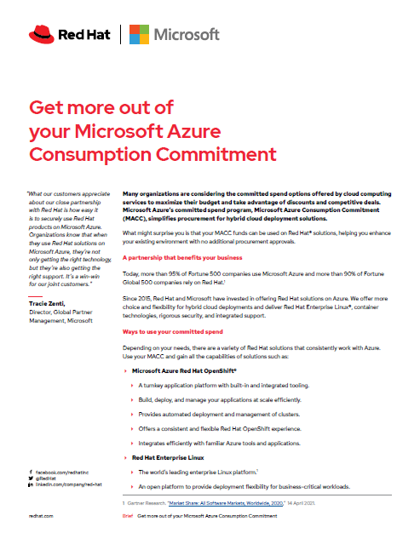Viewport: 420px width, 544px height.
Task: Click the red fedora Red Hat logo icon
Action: point(41,34)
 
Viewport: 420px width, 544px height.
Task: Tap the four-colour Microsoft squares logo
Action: point(141,34)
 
